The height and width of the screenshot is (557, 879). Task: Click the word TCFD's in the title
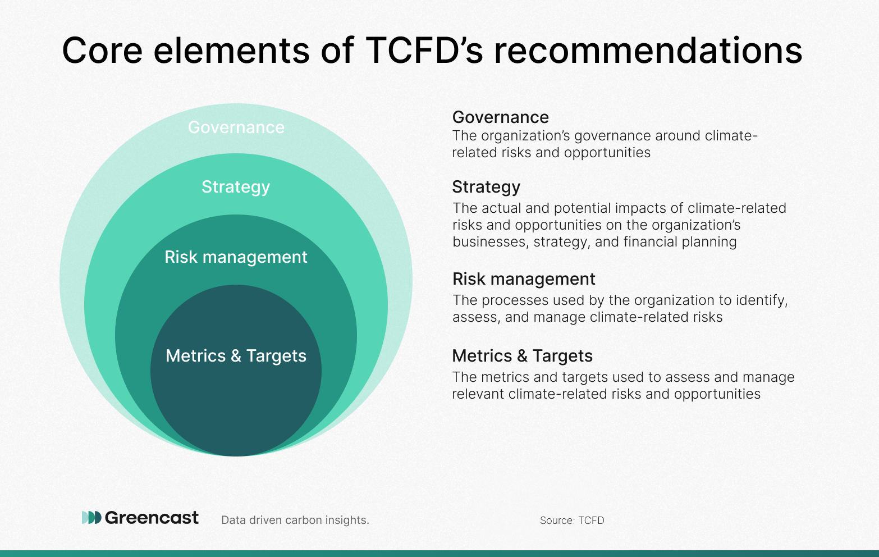click(x=424, y=50)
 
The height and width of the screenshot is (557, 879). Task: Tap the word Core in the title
click(x=102, y=50)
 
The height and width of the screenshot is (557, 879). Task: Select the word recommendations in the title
click(x=648, y=50)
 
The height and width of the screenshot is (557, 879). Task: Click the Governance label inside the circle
click(x=236, y=127)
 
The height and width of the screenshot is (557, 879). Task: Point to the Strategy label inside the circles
click(x=236, y=187)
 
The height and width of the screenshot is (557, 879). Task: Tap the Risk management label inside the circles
click(x=236, y=258)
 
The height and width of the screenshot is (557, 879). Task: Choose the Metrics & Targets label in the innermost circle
click(x=236, y=356)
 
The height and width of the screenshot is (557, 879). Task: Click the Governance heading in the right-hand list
click(x=500, y=117)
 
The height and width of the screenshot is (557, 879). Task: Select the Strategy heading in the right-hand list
click(x=486, y=187)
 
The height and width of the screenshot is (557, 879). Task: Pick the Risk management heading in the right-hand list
click(x=524, y=279)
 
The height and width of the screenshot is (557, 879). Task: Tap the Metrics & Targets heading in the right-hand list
click(x=523, y=356)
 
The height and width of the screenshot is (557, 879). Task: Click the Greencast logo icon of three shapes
click(x=91, y=517)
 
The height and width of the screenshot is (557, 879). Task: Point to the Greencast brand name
click(x=152, y=518)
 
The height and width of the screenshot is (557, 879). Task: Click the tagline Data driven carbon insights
click(x=295, y=520)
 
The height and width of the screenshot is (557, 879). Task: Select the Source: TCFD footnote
click(x=572, y=520)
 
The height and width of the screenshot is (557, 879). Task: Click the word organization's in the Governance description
click(x=525, y=136)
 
